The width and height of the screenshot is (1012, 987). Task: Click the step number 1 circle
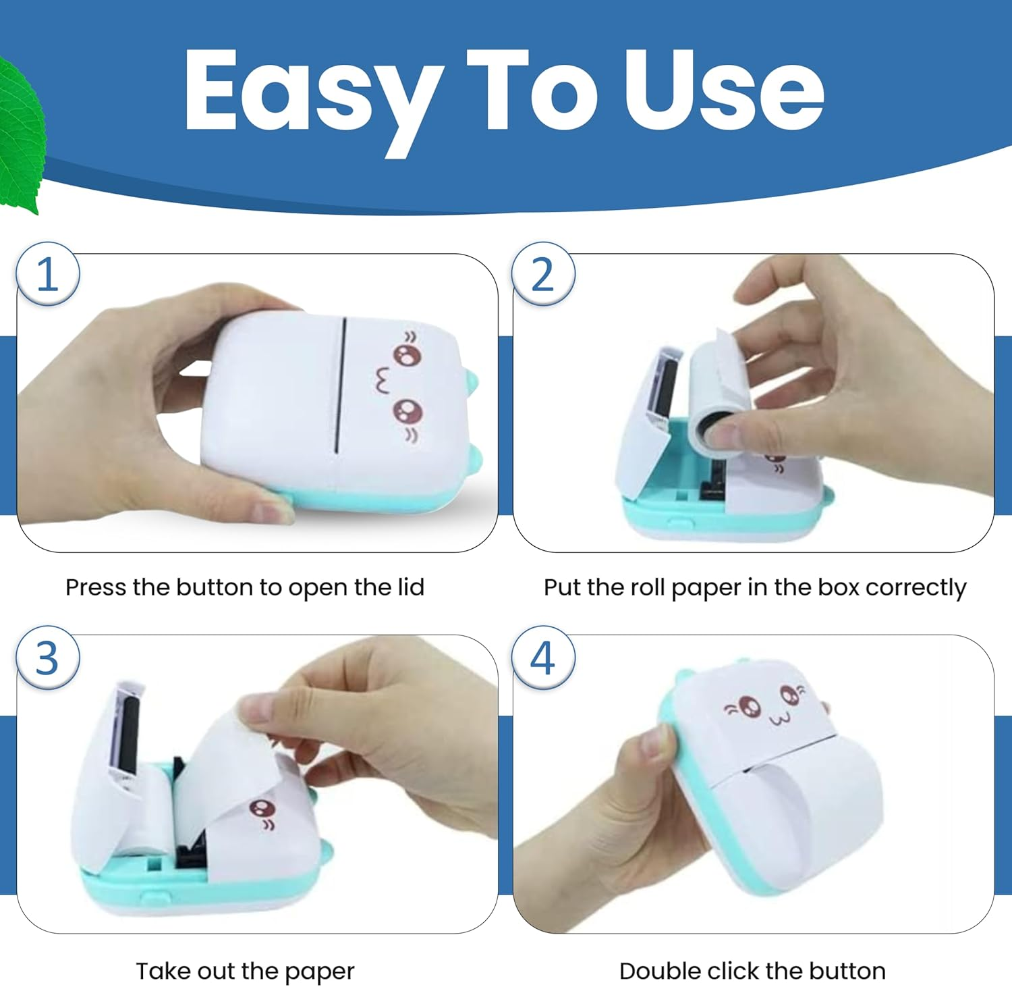click(x=48, y=275)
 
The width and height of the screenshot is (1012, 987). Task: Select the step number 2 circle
click(x=543, y=275)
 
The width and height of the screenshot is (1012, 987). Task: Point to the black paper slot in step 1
click(x=341, y=385)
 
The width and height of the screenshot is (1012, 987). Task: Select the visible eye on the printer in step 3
click(x=261, y=807)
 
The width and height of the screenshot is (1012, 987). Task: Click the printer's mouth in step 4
click(x=779, y=718)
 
